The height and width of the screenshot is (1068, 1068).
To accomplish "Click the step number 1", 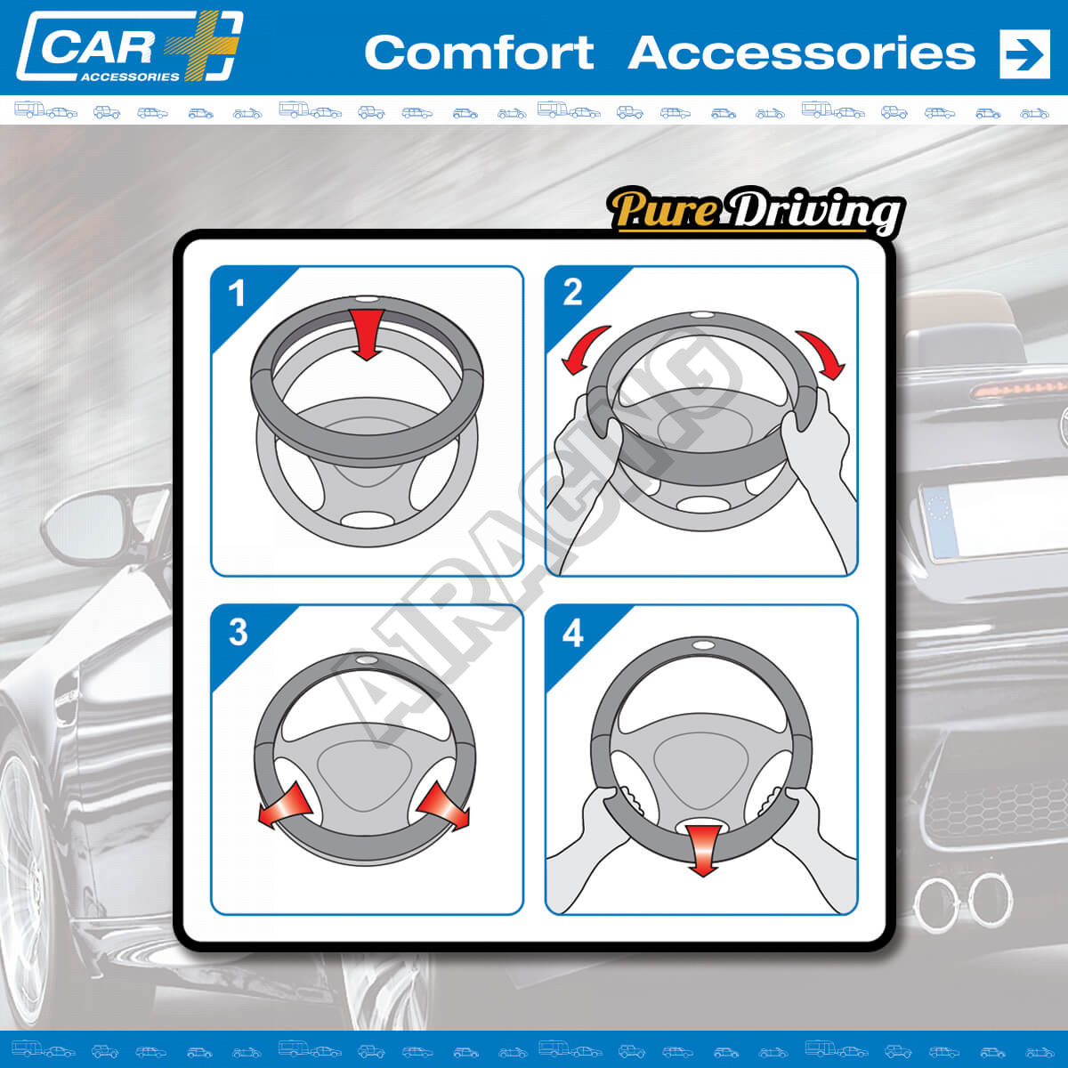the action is (237, 293).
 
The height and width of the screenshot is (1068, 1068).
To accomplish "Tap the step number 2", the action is (572, 292).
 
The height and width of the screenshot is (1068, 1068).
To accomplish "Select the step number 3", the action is (239, 632).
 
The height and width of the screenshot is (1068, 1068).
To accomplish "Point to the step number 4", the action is (573, 633).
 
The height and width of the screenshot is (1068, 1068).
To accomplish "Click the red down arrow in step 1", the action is (367, 334).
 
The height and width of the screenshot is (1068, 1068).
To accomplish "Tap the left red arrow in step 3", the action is (286, 805).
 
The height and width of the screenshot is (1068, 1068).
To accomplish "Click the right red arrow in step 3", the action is (443, 807).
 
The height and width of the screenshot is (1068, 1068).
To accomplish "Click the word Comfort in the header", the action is (479, 53).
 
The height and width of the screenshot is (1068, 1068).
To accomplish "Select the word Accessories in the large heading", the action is (801, 53).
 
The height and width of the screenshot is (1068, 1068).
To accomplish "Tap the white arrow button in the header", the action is (1024, 53).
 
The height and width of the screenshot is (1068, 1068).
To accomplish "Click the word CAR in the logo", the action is (98, 48).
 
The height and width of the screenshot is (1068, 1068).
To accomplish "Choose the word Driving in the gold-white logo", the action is (813, 213).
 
